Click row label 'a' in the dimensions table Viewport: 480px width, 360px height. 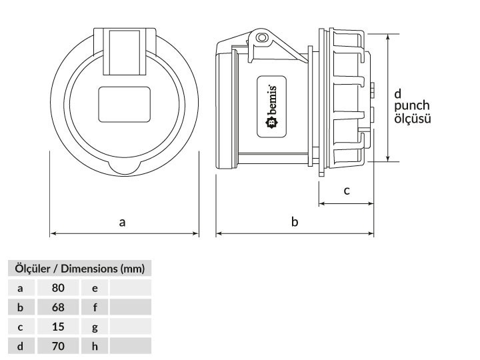click(x=20, y=288)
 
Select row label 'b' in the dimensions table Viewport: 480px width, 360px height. click(x=20, y=307)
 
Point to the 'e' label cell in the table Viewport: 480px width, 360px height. click(x=95, y=288)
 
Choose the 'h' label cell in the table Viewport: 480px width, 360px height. click(x=95, y=346)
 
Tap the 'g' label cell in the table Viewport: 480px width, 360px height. click(x=95, y=327)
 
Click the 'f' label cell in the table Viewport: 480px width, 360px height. click(x=95, y=307)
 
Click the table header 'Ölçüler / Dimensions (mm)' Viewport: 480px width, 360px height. click(x=79, y=269)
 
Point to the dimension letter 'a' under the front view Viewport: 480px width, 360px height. click(x=122, y=222)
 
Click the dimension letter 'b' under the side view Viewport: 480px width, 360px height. click(x=295, y=222)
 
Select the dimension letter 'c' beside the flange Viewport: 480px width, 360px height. click(x=347, y=191)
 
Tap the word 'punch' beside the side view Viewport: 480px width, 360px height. click(x=411, y=106)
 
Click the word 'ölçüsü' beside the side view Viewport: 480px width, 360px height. click(x=412, y=119)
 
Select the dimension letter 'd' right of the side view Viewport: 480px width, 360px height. click(x=397, y=93)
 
